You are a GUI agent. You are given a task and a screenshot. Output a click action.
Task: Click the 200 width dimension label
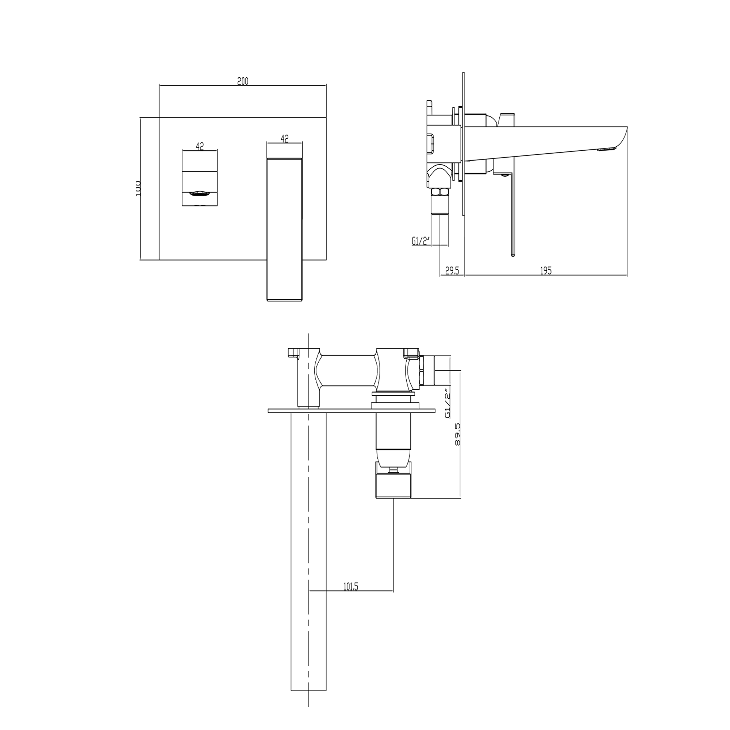[243, 81]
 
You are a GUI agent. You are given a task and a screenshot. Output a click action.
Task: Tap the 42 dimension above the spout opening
[200, 146]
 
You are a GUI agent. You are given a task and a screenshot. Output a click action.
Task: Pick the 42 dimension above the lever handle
[285, 139]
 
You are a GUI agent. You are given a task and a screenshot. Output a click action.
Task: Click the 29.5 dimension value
[452, 270]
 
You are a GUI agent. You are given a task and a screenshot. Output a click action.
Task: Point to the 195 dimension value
[546, 270]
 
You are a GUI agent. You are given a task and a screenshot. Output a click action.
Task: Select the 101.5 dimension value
[351, 587]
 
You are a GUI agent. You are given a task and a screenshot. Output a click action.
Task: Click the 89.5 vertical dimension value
[458, 435]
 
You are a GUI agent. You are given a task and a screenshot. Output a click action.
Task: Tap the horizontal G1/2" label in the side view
[421, 241]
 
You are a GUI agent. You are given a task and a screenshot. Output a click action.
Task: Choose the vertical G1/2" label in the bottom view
[448, 403]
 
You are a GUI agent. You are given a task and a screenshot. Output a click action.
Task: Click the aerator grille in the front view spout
[200, 194]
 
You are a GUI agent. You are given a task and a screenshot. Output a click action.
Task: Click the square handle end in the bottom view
[393, 487]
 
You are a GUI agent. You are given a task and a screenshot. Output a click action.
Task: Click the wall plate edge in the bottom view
[351, 411]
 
